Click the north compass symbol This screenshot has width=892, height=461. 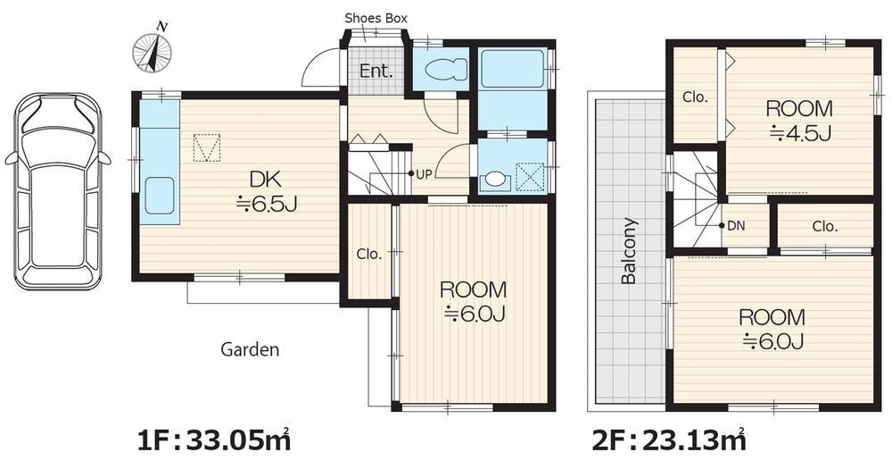(152, 51)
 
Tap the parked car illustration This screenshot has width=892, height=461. (57, 191)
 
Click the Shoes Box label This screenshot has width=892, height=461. (376, 18)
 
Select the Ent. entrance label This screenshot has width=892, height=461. (376, 71)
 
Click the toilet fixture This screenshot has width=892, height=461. (442, 71)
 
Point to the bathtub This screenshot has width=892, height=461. (512, 69)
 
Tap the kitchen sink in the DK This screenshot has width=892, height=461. (160, 196)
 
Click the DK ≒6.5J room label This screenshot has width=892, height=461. (266, 192)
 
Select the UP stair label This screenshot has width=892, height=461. (425, 174)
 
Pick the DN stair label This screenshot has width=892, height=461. (736, 226)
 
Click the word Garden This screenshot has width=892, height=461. (250, 349)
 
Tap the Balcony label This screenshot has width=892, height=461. (629, 251)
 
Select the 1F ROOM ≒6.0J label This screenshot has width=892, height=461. (474, 301)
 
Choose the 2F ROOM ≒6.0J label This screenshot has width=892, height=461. (772, 329)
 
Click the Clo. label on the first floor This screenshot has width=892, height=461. (369, 255)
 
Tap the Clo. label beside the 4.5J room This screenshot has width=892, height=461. (695, 97)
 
